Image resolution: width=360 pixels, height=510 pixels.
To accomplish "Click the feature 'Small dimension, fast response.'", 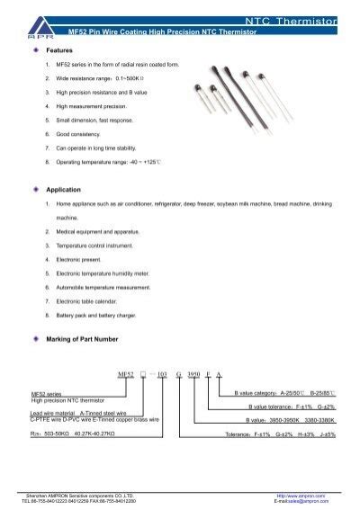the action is point(95,120).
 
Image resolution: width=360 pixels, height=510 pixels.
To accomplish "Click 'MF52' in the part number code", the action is point(126,372).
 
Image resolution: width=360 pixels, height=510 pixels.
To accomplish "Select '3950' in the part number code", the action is point(194,372).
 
